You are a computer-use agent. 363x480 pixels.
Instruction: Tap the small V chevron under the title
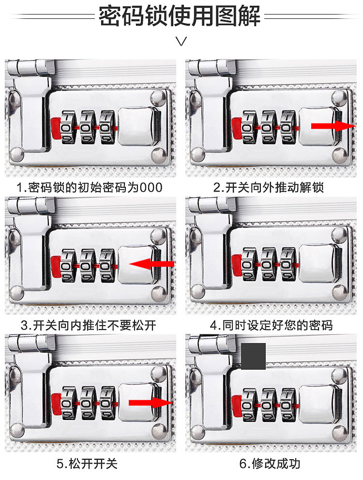181,41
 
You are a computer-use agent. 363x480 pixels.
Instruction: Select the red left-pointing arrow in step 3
152,264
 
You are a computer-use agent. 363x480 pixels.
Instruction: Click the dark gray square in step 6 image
253,356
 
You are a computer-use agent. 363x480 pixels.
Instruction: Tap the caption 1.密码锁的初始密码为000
90,187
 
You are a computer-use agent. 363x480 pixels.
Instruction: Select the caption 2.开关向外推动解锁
269,187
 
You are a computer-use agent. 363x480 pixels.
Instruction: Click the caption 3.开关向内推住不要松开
89,325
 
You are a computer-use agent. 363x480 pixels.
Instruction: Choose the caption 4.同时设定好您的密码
271,325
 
